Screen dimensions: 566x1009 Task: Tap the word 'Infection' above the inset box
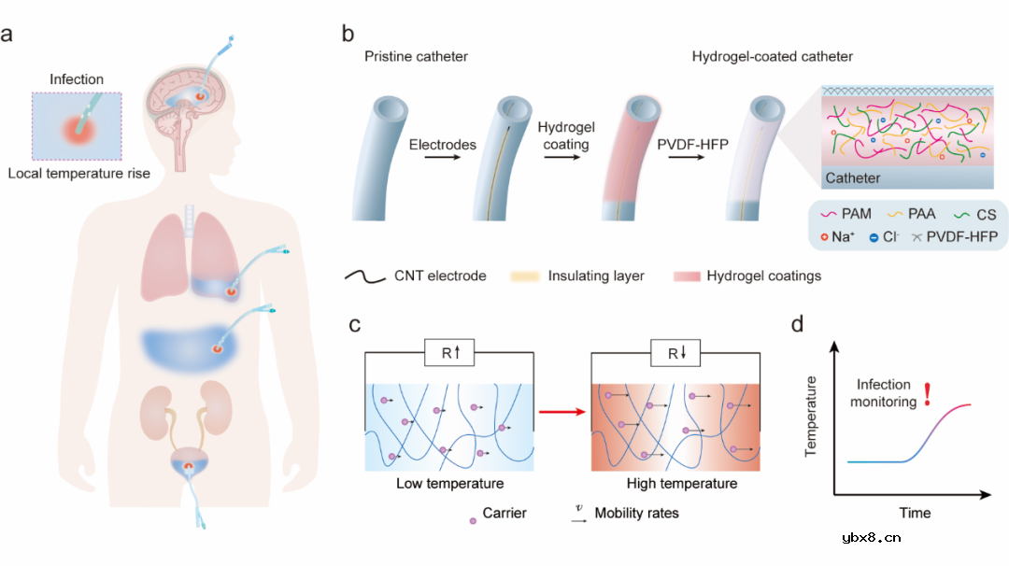coord(77,80)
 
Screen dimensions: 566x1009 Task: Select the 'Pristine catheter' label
coord(416,57)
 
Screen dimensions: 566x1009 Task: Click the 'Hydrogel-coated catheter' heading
coord(773,57)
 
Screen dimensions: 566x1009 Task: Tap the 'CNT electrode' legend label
coord(438,276)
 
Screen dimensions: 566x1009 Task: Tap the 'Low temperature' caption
coord(449,484)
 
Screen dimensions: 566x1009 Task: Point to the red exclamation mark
coord(927,394)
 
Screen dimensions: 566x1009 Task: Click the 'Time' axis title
coord(915,513)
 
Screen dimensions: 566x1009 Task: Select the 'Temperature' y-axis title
coord(811,415)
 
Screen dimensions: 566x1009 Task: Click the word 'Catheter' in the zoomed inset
coord(852,177)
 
